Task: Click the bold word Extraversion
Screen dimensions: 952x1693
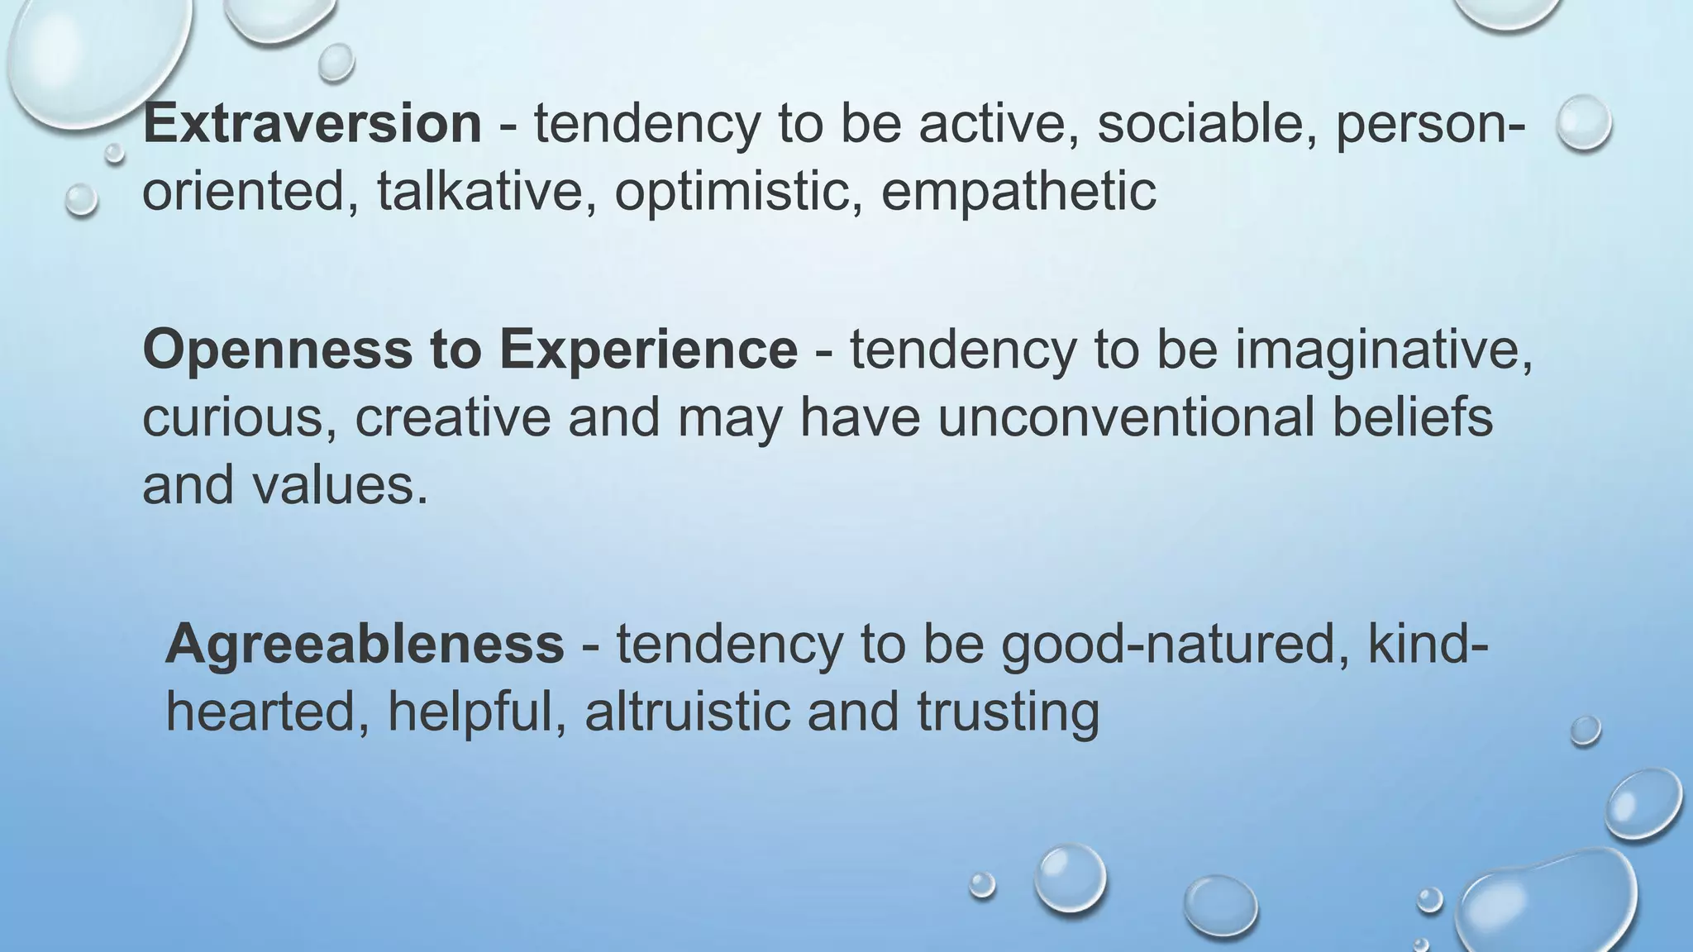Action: click(312, 124)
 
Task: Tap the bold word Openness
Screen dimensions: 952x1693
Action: click(277, 350)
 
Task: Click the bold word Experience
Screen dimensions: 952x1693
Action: click(648, 350)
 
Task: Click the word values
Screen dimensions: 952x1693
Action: click(340, 484)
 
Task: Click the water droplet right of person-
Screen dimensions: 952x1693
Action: click(1583, 122)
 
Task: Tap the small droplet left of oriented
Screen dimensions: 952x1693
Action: click(81, 199)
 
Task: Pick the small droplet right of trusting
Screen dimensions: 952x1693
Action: click(1586, 730)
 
